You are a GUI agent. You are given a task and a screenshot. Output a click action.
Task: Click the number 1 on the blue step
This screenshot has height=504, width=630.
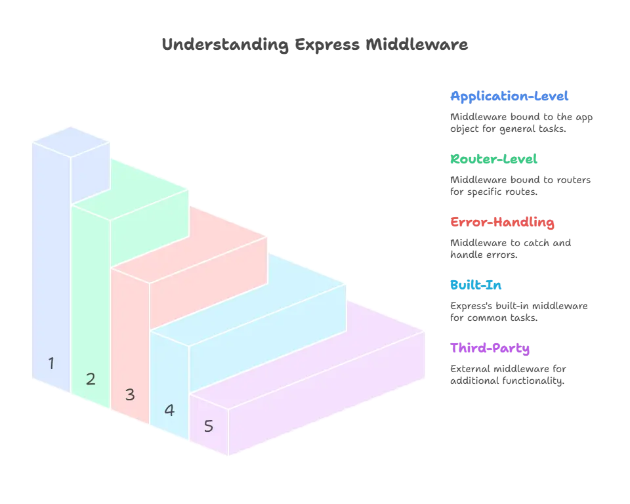tap(51, 362)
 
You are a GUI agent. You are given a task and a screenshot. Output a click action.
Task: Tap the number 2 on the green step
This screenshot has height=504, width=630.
tap(91, 379)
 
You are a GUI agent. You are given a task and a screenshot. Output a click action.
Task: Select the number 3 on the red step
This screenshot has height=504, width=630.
tap(130, 394)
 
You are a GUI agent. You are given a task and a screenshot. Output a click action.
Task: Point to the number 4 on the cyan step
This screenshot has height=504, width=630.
tap(169, 410)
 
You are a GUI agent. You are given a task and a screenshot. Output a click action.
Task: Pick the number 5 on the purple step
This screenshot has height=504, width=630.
tap(209, 426)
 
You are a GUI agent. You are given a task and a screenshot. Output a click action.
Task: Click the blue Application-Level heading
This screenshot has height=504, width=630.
tap(509, 97)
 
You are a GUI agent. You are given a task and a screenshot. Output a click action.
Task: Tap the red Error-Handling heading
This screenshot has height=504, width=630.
tap(502, 222)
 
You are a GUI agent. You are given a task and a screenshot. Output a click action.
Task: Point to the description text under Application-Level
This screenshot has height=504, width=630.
tap(519, 123)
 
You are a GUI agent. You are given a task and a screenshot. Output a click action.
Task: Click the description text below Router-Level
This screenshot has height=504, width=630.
tap(519, 186)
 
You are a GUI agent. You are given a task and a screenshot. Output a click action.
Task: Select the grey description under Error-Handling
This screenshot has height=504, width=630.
tap(509, 249)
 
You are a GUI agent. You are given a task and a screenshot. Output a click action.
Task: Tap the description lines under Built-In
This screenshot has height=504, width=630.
tap(516, 312)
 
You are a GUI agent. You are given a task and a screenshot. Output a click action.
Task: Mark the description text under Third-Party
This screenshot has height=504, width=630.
tap(507, 375)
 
